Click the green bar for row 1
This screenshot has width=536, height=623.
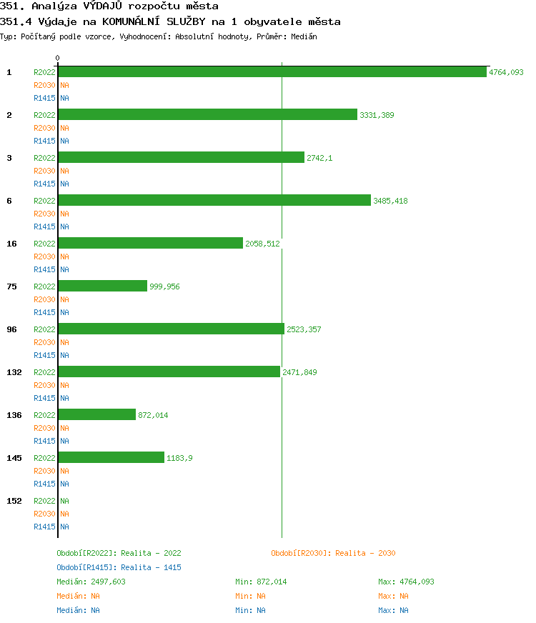(x=272, y=72)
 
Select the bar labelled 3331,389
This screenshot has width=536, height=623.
(x=207, y=115)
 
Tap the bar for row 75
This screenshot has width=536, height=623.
(x=102, y=286)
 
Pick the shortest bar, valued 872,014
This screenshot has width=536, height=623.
(x=96, y=415)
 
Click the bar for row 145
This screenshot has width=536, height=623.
(x=111, y=458)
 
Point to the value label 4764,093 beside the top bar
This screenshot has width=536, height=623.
(x=506, y=72)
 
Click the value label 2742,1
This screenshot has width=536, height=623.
(x=319, y=158)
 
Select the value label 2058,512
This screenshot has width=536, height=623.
(x=262, y=244)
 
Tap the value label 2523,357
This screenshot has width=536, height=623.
(x=304, y=329)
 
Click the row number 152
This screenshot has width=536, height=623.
(x=14, y=501)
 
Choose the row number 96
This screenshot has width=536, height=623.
(x=11, y=329)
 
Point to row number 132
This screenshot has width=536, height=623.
(x=14, y=372)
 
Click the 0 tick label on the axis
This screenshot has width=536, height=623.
(x=58, y=59)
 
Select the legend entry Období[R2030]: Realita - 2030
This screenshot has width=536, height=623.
(x=333, y=553)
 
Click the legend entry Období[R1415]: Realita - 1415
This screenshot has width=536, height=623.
(x=119, y=567)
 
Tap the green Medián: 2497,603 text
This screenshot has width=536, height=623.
(x=91, y=582)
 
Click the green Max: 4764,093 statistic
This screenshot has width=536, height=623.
(x=406, y=582)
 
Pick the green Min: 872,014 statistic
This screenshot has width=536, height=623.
(x=261, y=582)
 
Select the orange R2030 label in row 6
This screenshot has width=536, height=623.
(x=44, y=214)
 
